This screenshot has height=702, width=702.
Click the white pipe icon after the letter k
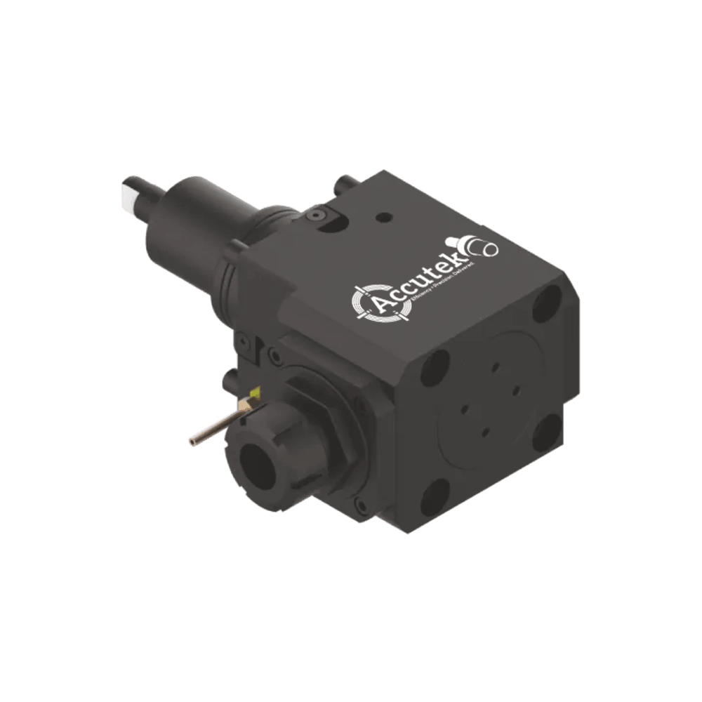coord(484,247)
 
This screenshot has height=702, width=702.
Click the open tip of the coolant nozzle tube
coord(192,442)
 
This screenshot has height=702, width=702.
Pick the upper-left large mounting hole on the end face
coord(435,365)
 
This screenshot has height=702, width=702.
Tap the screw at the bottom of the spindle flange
coord(359,503)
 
